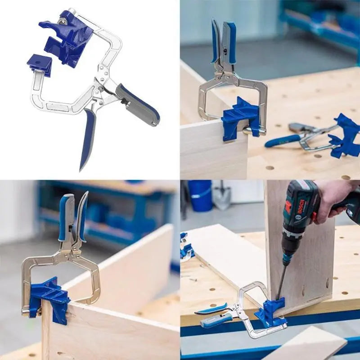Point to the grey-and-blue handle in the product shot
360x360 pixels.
(137, 104)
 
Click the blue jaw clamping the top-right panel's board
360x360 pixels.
(241, 119)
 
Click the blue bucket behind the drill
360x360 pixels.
(200, 195)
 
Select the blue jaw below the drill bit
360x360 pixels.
(270, 312)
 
